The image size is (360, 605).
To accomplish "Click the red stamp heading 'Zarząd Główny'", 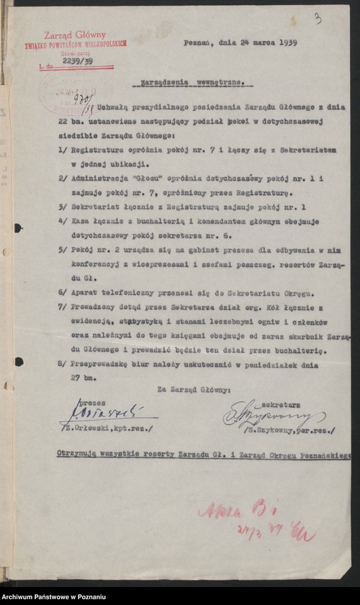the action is pyautogui.click(x=75, y=35).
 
